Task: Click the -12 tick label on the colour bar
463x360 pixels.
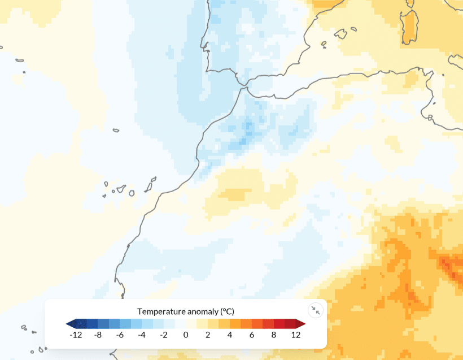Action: click(x=76, y=335)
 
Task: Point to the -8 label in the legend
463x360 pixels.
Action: click(x=98, y=335)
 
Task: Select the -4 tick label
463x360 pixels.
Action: click(x=142, y=335)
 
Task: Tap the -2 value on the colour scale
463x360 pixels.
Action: click(x=164, y=335)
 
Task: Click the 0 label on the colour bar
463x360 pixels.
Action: click(x=186, y=335)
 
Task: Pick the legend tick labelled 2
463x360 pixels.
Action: click(x=208, y=335)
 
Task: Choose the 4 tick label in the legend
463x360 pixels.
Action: click(x=230, y=335)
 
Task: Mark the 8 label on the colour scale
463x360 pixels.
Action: click(x=274, y=335)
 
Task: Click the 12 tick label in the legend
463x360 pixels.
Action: click(x=296, y=335)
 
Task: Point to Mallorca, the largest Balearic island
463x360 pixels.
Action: click(x=340, y=33)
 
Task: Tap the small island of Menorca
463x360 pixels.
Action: click(x=355, y=29)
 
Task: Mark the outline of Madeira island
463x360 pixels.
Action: click(x=116, y=131)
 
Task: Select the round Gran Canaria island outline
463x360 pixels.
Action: click(x=132, y=193)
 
